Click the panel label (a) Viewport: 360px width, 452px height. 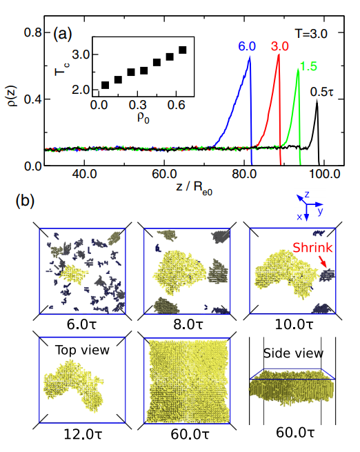pyautogui.click(x=61, y=33)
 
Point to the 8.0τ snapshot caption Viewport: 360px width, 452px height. pyautogui.click(x=186, y=323)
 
